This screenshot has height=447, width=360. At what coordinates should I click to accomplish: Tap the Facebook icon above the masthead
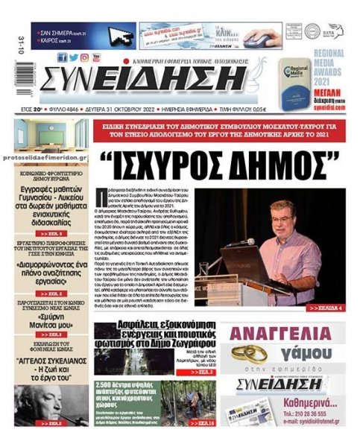63,57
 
